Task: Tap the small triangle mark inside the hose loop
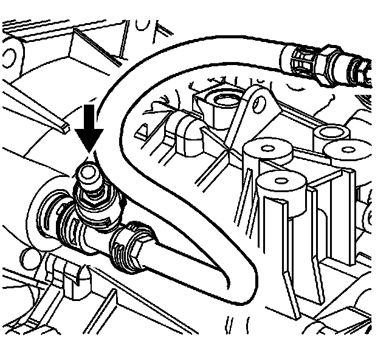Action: [144, 130]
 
